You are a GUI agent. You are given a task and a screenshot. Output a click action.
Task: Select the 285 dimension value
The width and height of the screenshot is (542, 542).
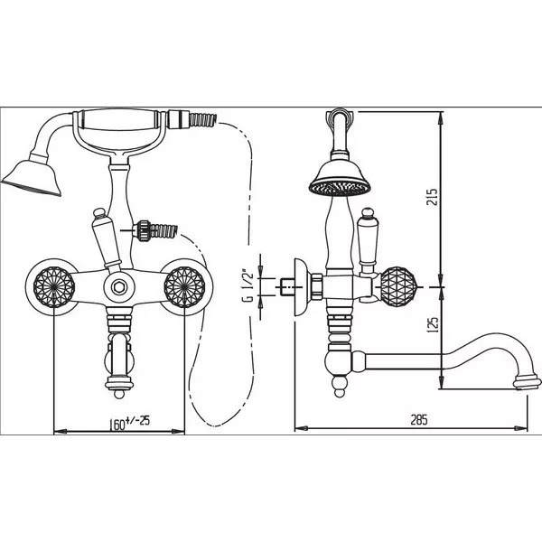coord(418,419)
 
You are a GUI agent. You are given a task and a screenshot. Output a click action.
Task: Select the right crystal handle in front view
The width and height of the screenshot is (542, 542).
coord(187,287)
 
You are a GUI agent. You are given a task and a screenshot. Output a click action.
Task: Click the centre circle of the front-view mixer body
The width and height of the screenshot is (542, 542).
coord(118,287)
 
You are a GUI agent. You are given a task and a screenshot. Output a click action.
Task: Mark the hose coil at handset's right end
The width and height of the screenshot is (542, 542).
coord(201,117)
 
